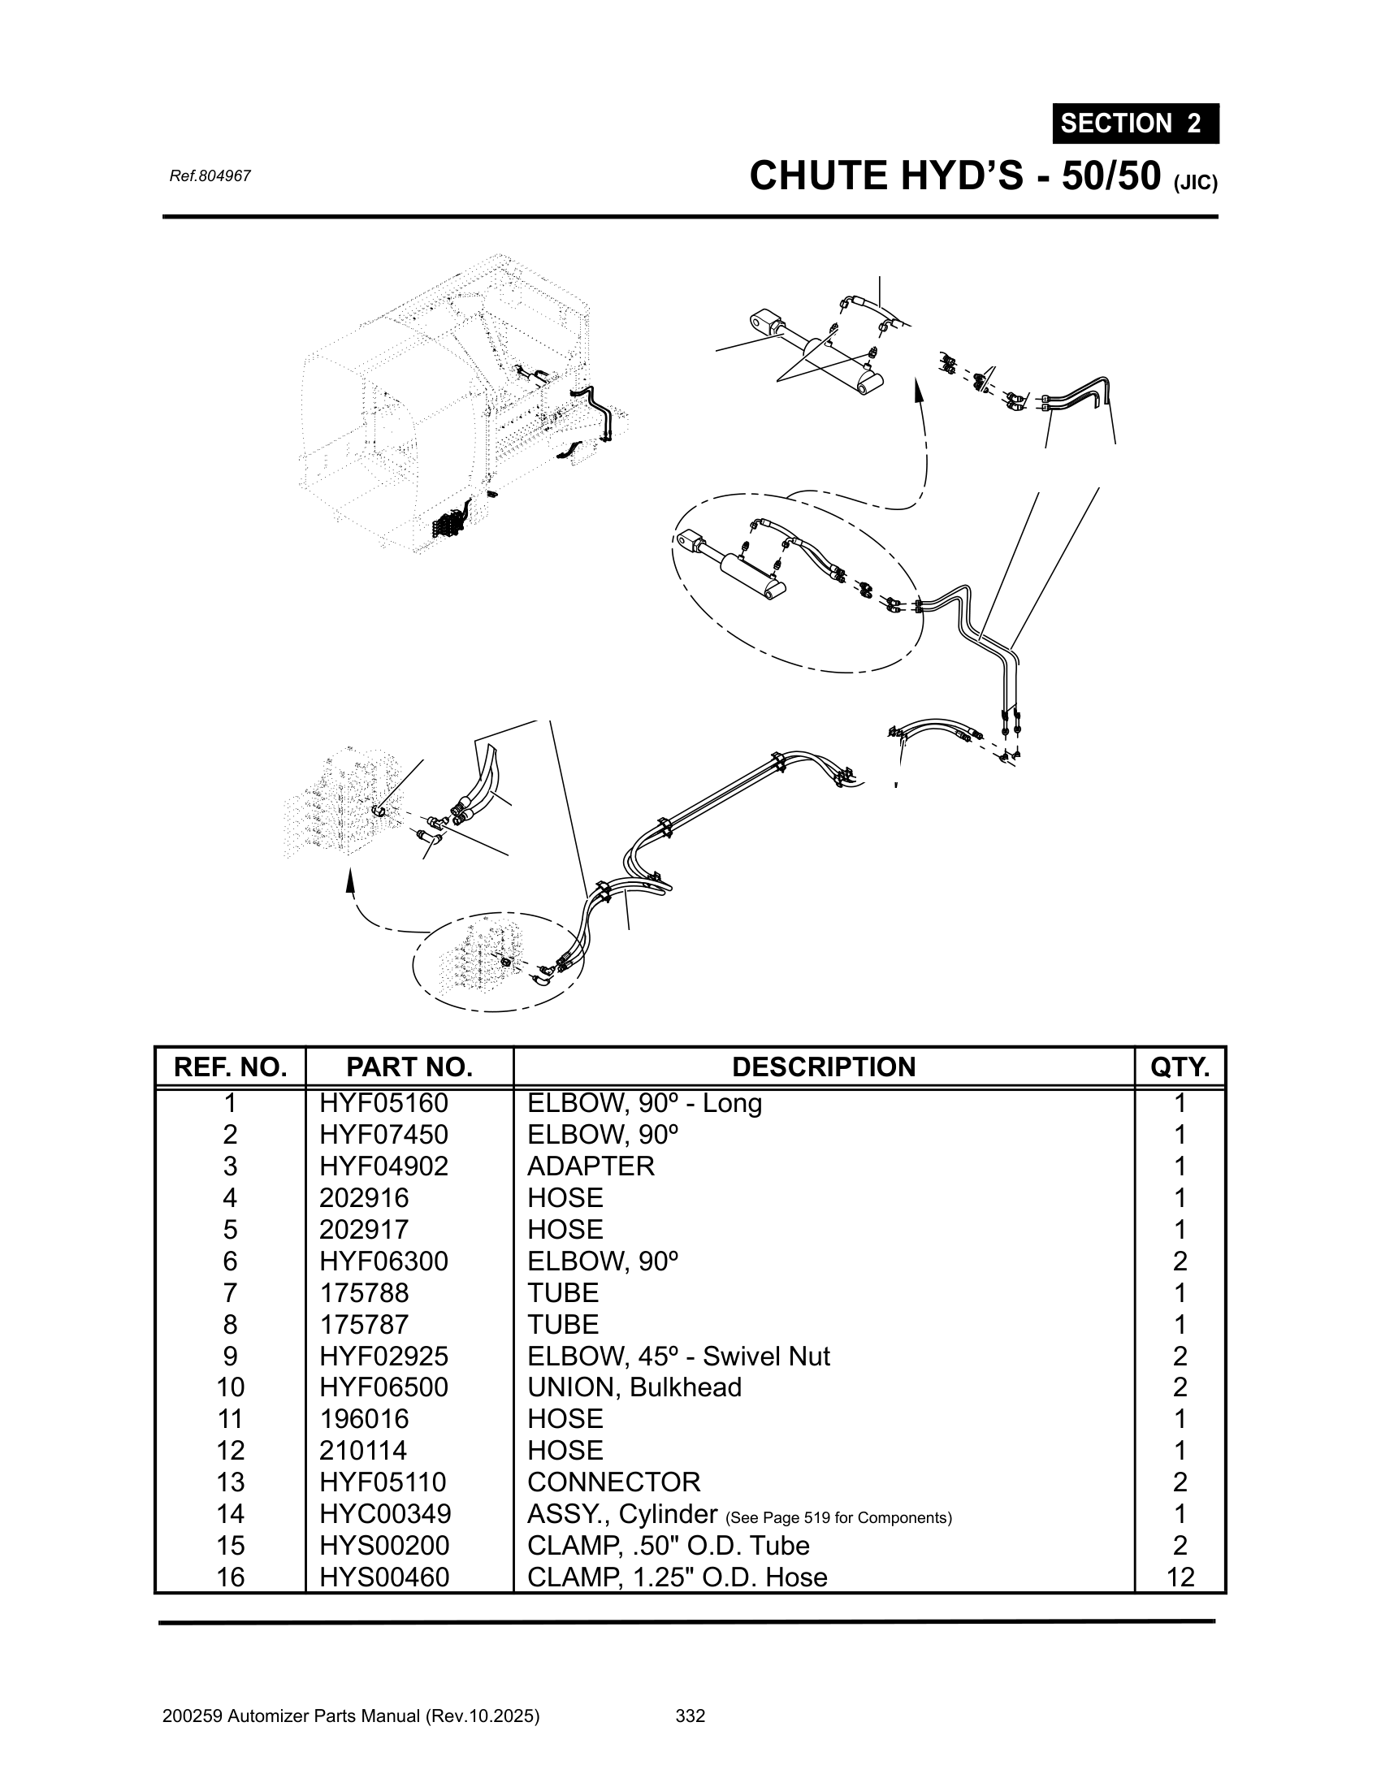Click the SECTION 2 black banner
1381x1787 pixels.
pyautogui.click(x=1135, y=123)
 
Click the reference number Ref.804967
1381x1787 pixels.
pyautogui.click(x=210, y=176)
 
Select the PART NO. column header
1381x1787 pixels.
pyautogui.click(x=409, y=1067)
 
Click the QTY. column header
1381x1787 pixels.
pyautogui.click(x=1179, y=1067)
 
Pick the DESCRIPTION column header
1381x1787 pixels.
pyautogui.click(x=823, y=1067)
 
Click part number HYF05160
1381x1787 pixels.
pyautogui.click(x=383, y=1104)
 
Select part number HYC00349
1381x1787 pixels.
pyautogui.click(x=384, y=1514)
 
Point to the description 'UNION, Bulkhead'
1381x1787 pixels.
pyautogui.click(x=634, y=1387)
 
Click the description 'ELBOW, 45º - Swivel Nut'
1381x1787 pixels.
pyautogui.click(x=678, y=1356)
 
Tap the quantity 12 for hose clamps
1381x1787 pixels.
pyautogui.click(x=1180, y=1577)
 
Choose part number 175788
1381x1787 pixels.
pyautogui.click(x=363, y=1293)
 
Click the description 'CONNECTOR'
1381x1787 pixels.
pyautogui.click(x=613, y=1482)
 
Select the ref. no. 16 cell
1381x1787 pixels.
pyautogui.click(x=230, y=1577)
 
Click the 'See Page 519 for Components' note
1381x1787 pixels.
pyautogui.click(x=838, y=1518)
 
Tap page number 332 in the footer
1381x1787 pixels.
pyautogui.click(x=690, y=1716)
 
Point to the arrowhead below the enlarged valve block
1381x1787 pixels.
pyautogui.click(x=350, y=880)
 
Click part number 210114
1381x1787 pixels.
pyautogui.click(x=363, y=1450)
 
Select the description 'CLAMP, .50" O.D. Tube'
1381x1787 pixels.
pyautogui.click(x=668, y=1545)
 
